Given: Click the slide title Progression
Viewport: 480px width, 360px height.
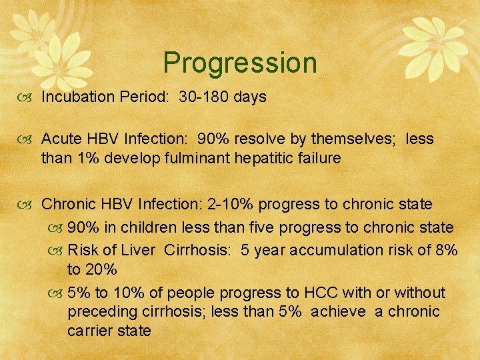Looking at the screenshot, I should click(x=240, y=63).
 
